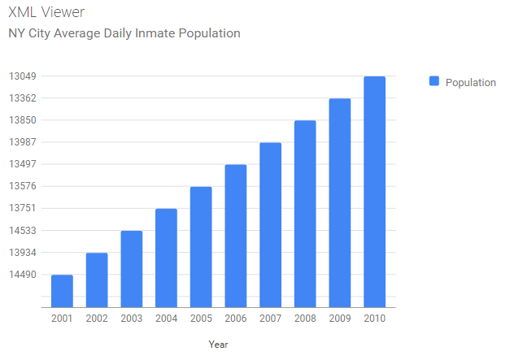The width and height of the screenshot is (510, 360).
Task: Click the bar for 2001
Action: click(x=62, y=291)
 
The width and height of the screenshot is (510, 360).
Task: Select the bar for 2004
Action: click(x=166, y=258)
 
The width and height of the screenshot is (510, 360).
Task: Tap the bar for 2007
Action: click(x=270, y=225)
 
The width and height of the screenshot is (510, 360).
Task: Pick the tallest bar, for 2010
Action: click(x=374, y=192)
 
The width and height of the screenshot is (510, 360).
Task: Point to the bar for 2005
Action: click(x=201, y=247)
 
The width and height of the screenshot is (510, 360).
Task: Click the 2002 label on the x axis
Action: click(x=97, y=319)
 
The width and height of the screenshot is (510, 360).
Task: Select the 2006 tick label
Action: click(x=236, y=319)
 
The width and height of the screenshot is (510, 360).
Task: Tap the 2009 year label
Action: click(x=339, y=319)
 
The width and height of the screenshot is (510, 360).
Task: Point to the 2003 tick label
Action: click(x=132, y=319)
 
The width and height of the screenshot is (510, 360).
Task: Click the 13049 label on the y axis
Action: click(x=22, y=76)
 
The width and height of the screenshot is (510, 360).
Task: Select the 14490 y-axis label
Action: click(x=22, y=275)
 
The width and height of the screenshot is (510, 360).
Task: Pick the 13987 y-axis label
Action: click(x=22, y=142)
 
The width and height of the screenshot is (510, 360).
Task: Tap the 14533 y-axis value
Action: click(x=22, y=231)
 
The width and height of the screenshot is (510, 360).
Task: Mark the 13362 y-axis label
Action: click(x=22, y=98)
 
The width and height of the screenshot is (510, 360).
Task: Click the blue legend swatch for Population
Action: click(x=434, y=81)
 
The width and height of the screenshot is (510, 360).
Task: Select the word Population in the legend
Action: click(x=470, y=82)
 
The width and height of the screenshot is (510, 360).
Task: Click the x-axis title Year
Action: click(x=218, y=345)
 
